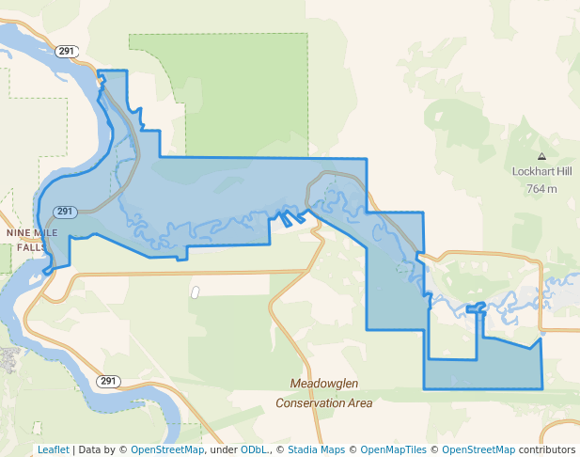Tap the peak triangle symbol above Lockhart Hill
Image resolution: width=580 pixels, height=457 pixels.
(541, 156)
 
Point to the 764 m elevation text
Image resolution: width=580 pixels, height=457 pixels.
(541, 188)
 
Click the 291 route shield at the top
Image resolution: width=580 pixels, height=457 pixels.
(66, 51)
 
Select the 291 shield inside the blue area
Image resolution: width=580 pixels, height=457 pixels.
(65, 212)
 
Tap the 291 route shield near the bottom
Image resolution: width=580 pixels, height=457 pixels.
(108, 381)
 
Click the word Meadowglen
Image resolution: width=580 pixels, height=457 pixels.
(323, 385)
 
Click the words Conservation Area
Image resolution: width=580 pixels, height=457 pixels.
(323, 402)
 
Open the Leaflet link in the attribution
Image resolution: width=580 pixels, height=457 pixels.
(54, 449)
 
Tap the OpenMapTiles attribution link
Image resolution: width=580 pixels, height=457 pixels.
(396, 449)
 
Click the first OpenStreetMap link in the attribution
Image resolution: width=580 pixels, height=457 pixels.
(166, 449)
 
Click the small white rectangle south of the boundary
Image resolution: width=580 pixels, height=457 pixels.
(196, 292)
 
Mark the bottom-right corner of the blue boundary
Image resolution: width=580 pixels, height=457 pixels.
(542, 388)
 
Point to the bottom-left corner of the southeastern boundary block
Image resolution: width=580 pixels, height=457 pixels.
(424, 388)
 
